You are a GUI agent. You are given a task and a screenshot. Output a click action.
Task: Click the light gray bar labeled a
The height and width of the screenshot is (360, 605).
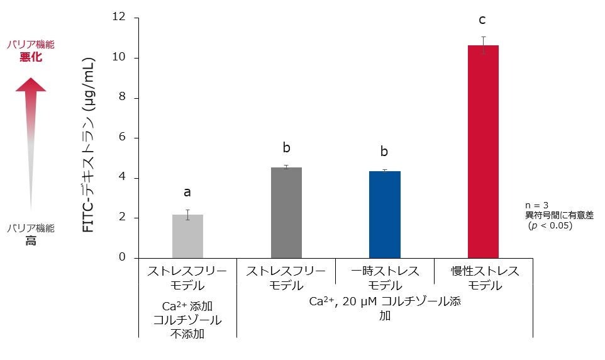[x=187, y=237]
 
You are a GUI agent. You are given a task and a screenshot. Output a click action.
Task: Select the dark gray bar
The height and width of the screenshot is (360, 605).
[x=286, y=213]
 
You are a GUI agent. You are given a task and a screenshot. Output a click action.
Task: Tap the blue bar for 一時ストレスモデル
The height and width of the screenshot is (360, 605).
[x=385, y=215]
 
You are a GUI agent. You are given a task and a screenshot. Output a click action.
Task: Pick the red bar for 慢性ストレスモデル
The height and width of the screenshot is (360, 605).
[x=483, y=152]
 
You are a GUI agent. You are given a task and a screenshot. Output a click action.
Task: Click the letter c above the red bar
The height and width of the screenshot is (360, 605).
[x=483, y=20]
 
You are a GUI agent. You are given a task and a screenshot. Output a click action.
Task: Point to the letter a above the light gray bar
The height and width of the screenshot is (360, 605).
[x=187, y=192]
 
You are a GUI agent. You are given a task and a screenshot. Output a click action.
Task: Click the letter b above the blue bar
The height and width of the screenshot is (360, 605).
[x=384, y=152]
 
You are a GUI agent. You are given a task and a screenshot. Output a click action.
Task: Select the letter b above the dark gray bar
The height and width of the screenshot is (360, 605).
[x=286, y=148]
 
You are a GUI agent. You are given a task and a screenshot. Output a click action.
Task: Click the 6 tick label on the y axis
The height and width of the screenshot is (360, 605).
[x=122, y=138]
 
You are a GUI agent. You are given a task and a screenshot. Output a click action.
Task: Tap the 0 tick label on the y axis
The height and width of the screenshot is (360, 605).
[x=122, y=258]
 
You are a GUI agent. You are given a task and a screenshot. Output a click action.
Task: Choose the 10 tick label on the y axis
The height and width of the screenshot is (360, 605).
[x=119, y=57]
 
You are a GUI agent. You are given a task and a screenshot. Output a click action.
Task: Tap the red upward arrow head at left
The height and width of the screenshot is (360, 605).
[x=31, y=84]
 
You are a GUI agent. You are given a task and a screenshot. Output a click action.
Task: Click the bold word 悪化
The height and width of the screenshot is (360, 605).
[x=31, y=58]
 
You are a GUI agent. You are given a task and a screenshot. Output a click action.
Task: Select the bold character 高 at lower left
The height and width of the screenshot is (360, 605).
[x=31, y=241]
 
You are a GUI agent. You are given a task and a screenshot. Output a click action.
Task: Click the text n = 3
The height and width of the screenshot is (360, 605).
[x=536, y=205]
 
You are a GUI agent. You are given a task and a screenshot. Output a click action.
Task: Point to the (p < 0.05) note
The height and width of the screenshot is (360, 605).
[x=550, y=225]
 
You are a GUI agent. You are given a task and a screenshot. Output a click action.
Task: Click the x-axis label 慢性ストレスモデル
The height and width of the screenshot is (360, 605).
[x=485, y=279]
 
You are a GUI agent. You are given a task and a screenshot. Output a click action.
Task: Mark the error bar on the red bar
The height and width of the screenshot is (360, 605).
[x=483, y=45]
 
